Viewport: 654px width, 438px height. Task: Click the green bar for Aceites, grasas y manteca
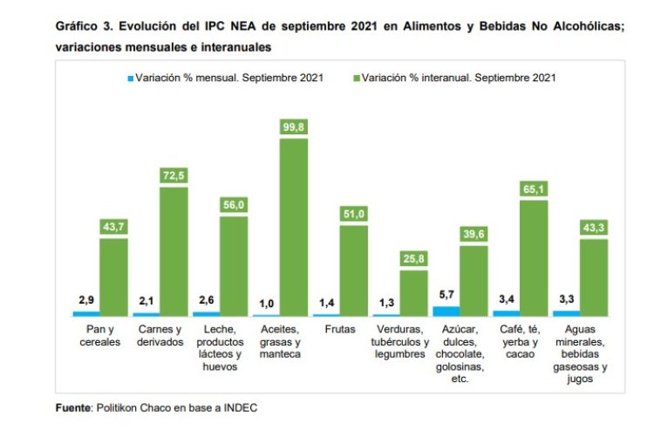294,227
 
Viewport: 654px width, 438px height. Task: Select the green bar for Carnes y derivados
174,251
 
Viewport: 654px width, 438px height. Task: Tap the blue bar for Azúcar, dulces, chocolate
446,311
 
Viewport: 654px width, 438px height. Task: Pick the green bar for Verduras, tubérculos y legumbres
413,292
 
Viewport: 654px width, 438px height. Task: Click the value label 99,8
294,127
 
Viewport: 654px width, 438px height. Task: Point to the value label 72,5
174,175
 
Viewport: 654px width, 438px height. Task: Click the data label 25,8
414,258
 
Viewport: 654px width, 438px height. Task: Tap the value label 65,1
534,188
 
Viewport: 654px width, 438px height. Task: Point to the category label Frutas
338,330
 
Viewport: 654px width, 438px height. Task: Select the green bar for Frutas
354,270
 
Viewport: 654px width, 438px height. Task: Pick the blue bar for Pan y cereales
86,312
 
